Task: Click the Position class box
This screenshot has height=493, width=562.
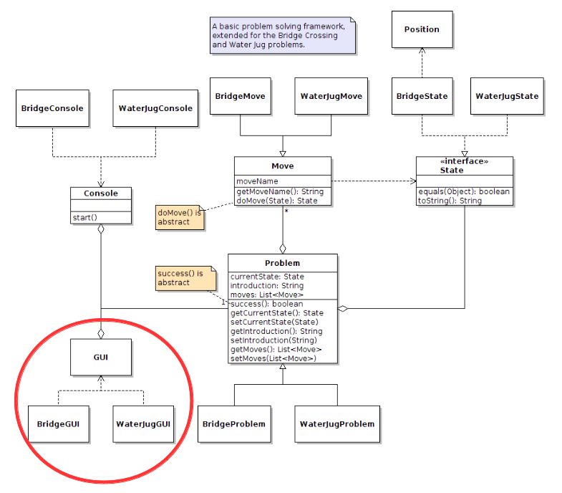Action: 422,29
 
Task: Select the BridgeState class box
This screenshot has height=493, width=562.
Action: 422,96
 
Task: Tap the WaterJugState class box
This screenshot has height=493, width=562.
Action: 507,96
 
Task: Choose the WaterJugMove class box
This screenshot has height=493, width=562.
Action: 331,96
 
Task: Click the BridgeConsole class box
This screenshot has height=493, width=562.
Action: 52,109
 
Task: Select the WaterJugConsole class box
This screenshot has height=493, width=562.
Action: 155,109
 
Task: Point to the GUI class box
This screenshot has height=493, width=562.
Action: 101,356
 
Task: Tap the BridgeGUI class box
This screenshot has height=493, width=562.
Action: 58,423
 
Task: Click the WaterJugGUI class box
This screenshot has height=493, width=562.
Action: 143,423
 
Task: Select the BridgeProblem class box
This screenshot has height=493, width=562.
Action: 233,423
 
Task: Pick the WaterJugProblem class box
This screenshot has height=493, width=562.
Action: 336,423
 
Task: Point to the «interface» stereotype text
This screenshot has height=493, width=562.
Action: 465,162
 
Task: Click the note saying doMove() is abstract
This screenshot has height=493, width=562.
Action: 179,217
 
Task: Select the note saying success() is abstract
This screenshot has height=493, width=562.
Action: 185,277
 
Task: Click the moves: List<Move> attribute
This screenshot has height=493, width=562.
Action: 266,295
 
